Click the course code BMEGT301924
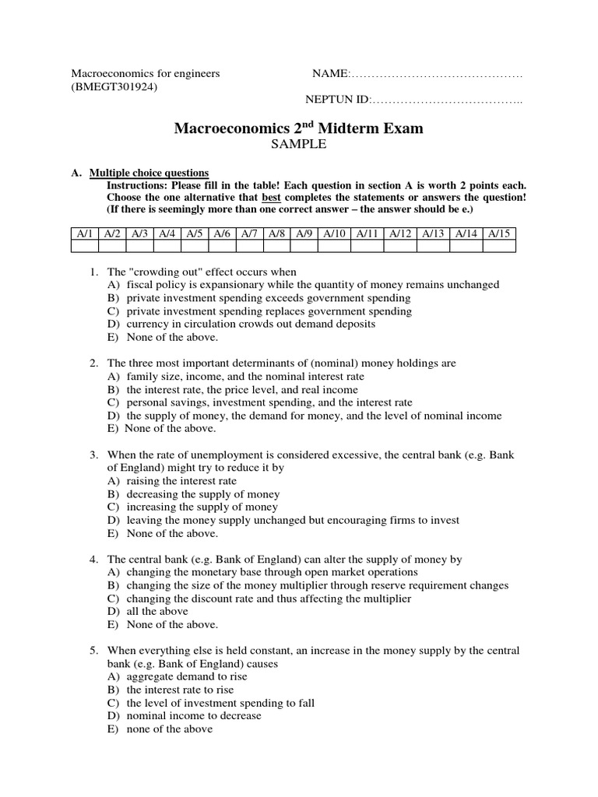coord(114,87)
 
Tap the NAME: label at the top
coord(330,74)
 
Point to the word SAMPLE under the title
coord(298,145)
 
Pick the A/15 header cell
coord(499,233)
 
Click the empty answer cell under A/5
coord(195,247)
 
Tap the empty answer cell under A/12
coord(402,247)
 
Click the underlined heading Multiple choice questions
coord(149,173)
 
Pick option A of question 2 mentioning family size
coord(235,377)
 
